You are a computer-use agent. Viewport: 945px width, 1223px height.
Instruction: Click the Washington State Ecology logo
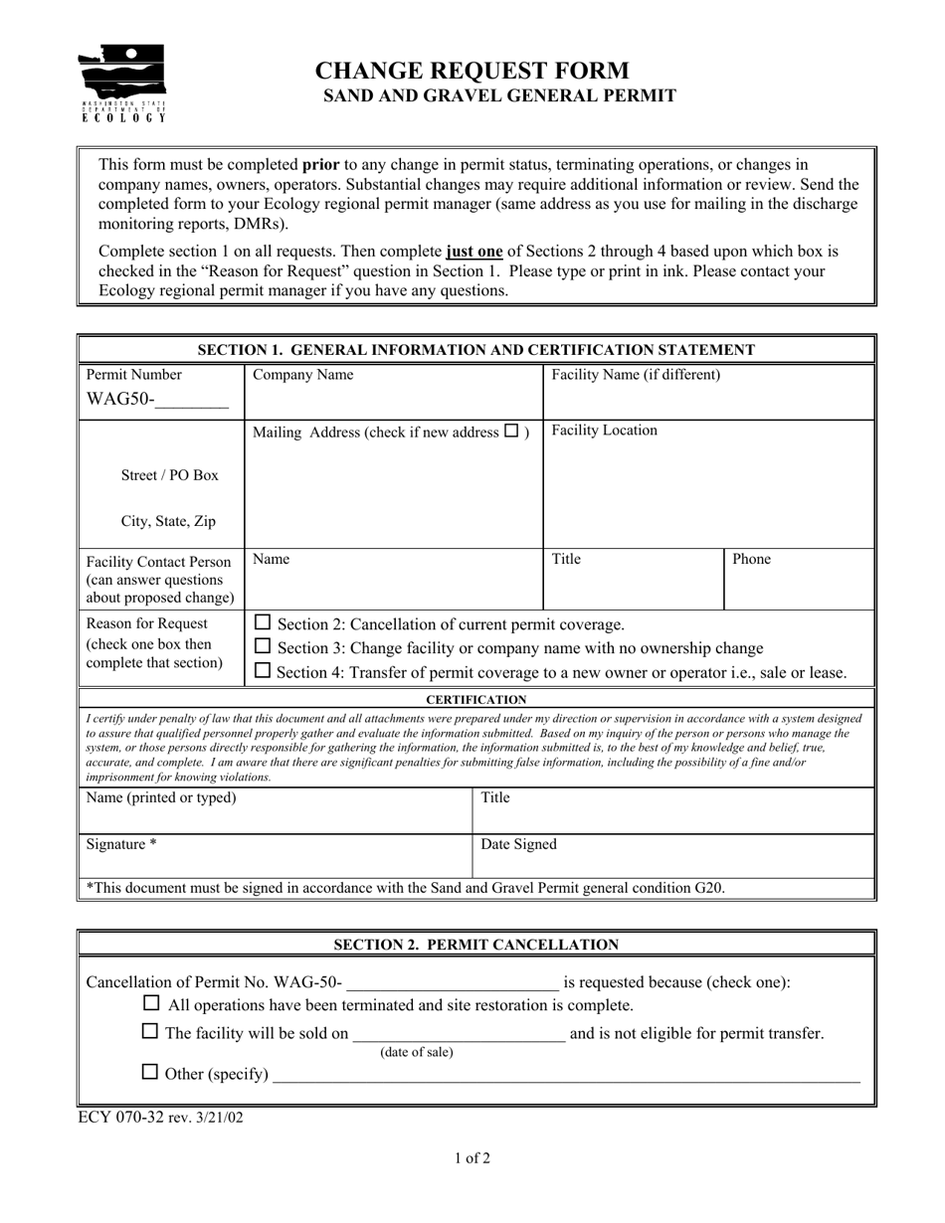coord(122,84)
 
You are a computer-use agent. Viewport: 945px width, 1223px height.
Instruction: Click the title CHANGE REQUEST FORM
coord(472,71)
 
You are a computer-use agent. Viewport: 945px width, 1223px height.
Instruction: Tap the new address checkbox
coord(511,432)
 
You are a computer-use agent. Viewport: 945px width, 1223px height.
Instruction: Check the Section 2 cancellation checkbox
coord(263,623)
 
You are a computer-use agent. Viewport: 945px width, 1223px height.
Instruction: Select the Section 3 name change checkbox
coord(263,647)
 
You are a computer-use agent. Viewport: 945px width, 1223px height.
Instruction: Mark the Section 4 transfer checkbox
coord(263,671)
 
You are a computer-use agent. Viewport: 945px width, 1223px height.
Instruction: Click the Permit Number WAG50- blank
coord(192,401)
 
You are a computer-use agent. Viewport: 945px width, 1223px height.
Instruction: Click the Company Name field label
coord(302,375)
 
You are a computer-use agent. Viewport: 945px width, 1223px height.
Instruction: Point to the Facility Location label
coord(604,431)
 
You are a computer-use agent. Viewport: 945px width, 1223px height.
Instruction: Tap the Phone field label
coord(751,559)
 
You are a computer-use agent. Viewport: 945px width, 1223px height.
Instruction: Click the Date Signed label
coord(518,844)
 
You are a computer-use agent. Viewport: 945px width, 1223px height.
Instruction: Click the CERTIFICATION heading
coord(476,700)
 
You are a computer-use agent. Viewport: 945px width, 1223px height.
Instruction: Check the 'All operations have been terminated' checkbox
coord(152,1004)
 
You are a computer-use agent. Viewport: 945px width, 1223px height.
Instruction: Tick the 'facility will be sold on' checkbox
coord(150,1032)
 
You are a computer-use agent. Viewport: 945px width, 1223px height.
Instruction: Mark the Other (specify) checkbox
coord(150,1072)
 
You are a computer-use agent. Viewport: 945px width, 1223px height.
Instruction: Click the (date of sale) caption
coord(416,1052)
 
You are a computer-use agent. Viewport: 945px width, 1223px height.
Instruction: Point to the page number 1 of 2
coord(472,1157)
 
